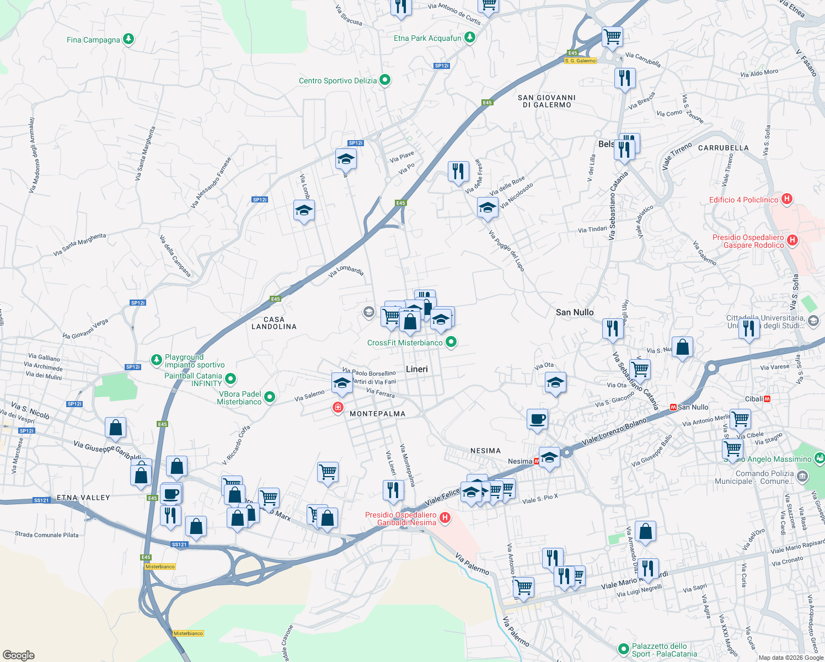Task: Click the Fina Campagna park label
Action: click(93, 40)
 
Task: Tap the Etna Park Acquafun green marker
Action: click(470, 38)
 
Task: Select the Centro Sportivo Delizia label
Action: click(337, 81)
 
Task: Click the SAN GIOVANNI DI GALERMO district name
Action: click(547, 101)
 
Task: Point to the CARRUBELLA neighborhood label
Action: click(723, 148)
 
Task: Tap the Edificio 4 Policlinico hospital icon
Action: click(787, 199)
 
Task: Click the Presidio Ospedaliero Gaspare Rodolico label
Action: click(748, 241)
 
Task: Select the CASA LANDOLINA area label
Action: click(274, 323)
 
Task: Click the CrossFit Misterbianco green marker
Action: click(451, 343)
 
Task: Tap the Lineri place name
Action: click(416, 369)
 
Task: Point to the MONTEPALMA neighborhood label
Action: click(377, 414)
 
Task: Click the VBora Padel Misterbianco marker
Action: click(270, 397)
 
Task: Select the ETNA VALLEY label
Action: click(83, 498)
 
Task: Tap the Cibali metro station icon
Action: click(767, 399)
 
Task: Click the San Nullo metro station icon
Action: click(673, 407)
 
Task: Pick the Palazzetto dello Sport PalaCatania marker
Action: click(624, 649)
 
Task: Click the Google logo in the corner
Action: click(18, 655)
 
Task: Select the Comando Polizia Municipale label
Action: click(765, 477)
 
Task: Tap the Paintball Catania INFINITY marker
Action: click(231, 379)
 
